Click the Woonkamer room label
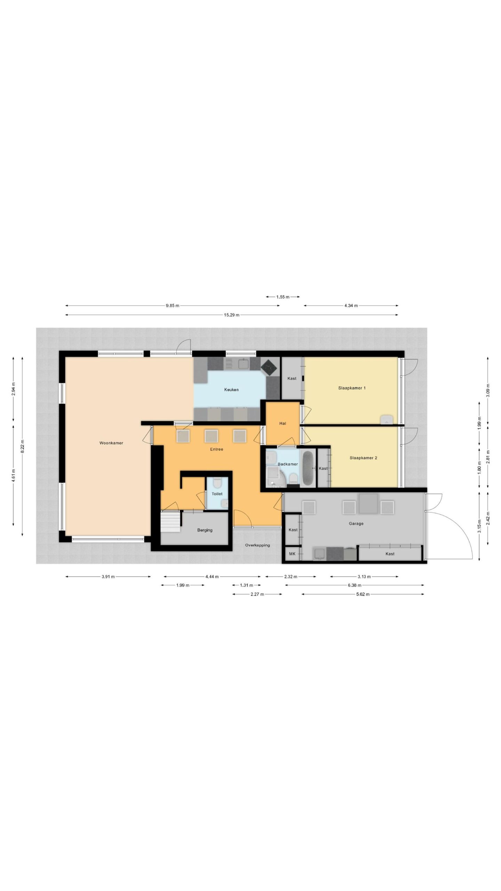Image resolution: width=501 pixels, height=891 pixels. [111, 443]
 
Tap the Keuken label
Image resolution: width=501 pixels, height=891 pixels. [231, 389]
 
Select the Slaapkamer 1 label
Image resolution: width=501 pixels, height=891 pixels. [352, 388]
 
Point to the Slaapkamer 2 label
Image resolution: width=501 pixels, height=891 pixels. [363, 458]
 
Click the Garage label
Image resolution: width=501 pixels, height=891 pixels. [356, 523]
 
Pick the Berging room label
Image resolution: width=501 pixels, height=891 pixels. [205, 530]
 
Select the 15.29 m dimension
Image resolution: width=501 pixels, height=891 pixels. [232, 315]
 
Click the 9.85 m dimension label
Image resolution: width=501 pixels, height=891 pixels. [173, 306]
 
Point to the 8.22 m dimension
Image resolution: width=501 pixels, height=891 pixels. [22, 446]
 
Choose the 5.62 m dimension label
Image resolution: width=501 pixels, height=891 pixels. [363, 594]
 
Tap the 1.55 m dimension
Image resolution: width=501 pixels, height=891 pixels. [283, 297]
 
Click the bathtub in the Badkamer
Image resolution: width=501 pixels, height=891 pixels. [308, 468]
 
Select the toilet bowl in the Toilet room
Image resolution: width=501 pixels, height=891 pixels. [217, 483]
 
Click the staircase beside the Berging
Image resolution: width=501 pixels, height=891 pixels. [170, 521]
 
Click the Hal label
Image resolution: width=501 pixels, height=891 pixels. [283, 424]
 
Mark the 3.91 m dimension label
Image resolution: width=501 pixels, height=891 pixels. [108, 576]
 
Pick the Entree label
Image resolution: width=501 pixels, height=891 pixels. [216, 449]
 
